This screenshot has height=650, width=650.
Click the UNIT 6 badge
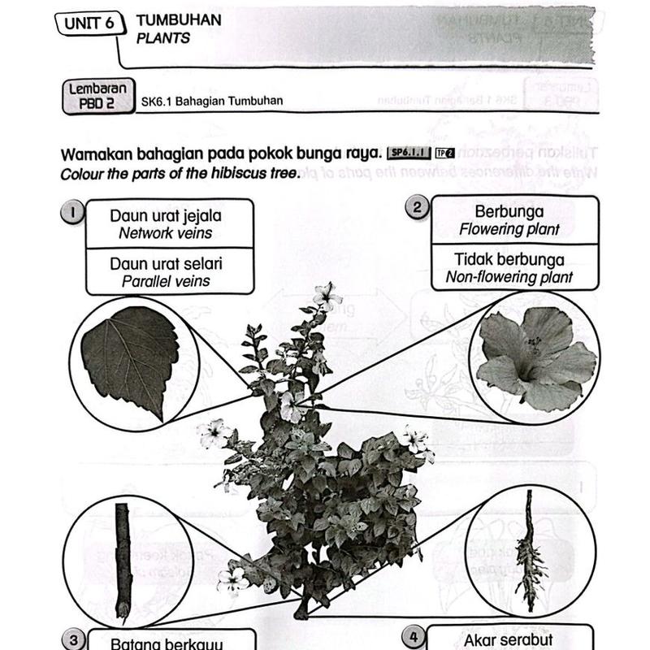click(x=89, y=24)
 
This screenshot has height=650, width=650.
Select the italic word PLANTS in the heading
click(x=164, y=38)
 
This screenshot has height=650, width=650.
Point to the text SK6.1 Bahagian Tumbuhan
click(x=211, y=101)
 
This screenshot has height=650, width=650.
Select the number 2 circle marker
click(x=418, y=208)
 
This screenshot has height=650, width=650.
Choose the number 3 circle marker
click(x=73, y=640)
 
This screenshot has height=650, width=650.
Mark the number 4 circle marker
click(x=414, y=638)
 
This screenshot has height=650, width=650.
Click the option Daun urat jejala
click(x=166, y=224)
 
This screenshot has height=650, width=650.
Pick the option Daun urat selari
click(x=166, y=272)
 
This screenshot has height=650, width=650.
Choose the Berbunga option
click(x=509, y=220)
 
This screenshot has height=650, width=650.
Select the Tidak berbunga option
click(x=509, y=268)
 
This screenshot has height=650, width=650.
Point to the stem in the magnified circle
click(x=123, y=560)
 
